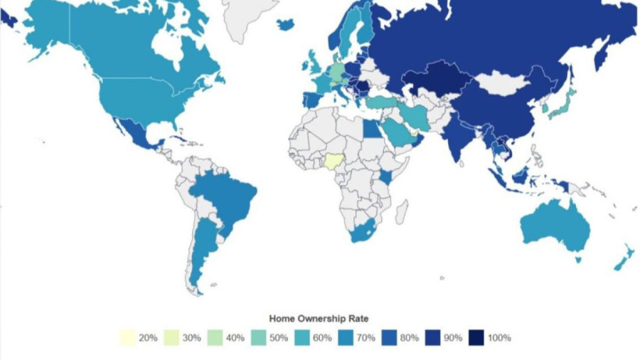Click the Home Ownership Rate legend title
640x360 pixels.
point(319,319)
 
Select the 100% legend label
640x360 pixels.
point(499,338)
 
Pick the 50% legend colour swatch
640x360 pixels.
point(257,338)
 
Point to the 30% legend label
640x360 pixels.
point(190,338)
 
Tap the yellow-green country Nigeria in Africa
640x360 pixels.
point(335,161)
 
